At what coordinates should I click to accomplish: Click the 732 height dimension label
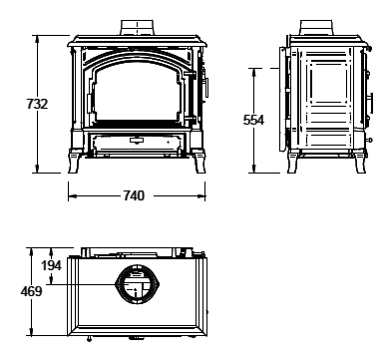[37, 104]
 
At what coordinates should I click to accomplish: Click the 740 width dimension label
[134, 195]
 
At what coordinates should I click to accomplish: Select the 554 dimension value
[253, 120]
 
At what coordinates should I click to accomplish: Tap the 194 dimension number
[51, 265]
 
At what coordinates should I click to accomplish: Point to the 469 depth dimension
[32, 291]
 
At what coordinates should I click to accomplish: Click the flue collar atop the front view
[137, 27]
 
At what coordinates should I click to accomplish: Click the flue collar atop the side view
[316, 27]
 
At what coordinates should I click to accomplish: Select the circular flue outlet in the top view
[137, 284]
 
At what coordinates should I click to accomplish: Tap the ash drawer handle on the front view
[136, 140]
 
